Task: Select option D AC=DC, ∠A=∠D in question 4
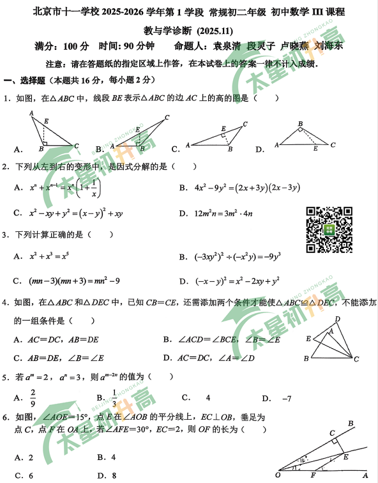point(220,357)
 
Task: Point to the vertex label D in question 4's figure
point(338,319)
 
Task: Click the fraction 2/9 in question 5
point(33,398)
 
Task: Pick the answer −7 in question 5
point(287,398)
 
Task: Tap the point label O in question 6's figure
point(277,475)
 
